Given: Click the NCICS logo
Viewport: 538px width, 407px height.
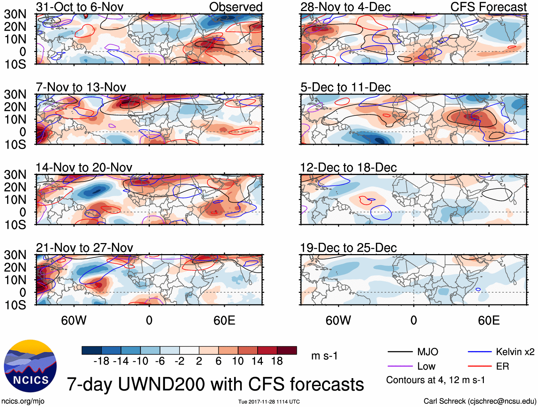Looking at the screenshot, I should [x=30, y=366].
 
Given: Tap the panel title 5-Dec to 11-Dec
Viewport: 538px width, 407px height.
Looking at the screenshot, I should [x=345, y=87].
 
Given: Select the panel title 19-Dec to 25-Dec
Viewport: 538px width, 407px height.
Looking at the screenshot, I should [x=348, y=247].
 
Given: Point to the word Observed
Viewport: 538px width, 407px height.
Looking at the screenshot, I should [x=236, y=7].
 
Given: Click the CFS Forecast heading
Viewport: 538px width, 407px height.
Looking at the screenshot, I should [x=488, y=7].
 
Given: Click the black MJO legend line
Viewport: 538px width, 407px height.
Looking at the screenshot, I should [x=400, y=352].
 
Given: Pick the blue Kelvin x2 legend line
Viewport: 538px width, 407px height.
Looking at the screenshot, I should [x=480, y=352].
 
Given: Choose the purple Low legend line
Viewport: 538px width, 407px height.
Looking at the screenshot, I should [x=400, y=366].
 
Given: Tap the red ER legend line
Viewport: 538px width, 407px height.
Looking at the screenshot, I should [x=480, y=366].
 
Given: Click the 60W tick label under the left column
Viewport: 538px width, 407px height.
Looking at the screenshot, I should [x=74, y=320].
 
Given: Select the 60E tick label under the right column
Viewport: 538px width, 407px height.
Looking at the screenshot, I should [x=488, y=320].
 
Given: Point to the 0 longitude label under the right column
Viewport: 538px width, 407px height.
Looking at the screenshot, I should [x=413, y=320].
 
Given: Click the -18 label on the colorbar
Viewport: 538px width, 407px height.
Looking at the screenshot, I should [x=101, y=361].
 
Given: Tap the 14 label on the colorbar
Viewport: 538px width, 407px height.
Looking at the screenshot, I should [x=257, y=361].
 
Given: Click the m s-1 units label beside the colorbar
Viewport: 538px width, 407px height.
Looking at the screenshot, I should [x=324, y=356].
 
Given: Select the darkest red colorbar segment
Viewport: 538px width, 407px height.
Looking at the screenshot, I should [x=287, y=350].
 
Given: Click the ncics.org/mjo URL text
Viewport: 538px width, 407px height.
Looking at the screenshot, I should [x=23, y=401].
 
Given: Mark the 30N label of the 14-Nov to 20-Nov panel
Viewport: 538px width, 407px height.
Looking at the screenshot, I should [x=15, y=175].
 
